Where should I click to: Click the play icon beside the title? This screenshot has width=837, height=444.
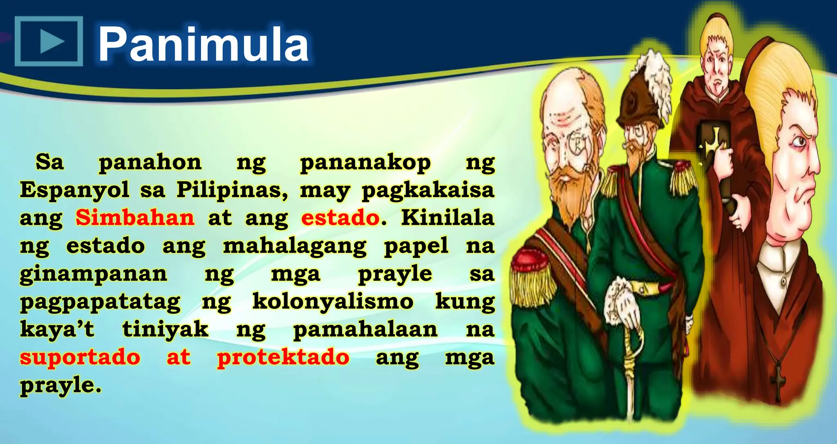(x=49, y=41)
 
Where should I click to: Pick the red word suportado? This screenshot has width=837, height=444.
(x=80, y=357)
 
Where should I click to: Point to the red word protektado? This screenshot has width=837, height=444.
(x=283, y=357)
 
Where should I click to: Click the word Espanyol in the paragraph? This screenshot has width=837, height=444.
(x=74, y=190)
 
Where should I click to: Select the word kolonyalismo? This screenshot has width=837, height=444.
(x=333, y=302)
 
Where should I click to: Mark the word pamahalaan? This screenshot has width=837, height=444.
(x=365, y=329)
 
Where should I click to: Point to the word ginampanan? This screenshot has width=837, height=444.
(x=94, y=274)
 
